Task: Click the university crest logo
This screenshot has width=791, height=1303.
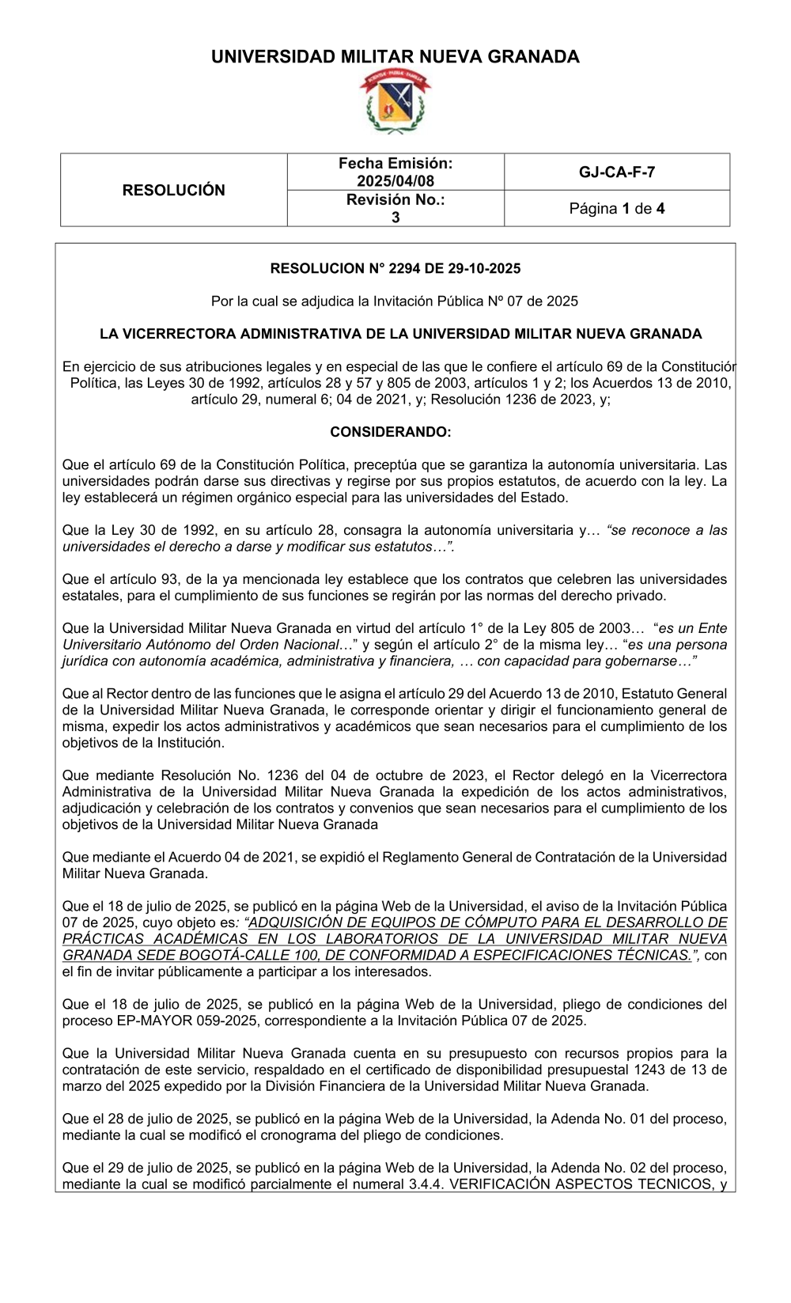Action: [395, 101]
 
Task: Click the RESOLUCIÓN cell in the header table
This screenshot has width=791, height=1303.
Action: [173, 190]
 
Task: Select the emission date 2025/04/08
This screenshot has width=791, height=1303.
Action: [395, 181]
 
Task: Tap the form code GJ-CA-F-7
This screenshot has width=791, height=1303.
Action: [617, 172]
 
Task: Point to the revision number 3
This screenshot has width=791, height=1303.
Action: [395, 218]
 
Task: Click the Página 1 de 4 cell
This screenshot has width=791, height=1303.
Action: [617, 209]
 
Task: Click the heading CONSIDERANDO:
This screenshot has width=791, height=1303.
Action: [391, 432]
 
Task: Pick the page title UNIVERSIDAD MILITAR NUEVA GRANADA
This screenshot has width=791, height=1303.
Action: [395, 57]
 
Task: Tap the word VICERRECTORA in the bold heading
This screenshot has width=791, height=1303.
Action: [180, 334]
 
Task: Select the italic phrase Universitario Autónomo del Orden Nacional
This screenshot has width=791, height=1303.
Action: [200, 645]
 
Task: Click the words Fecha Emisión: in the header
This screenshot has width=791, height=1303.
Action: [395, 164]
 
